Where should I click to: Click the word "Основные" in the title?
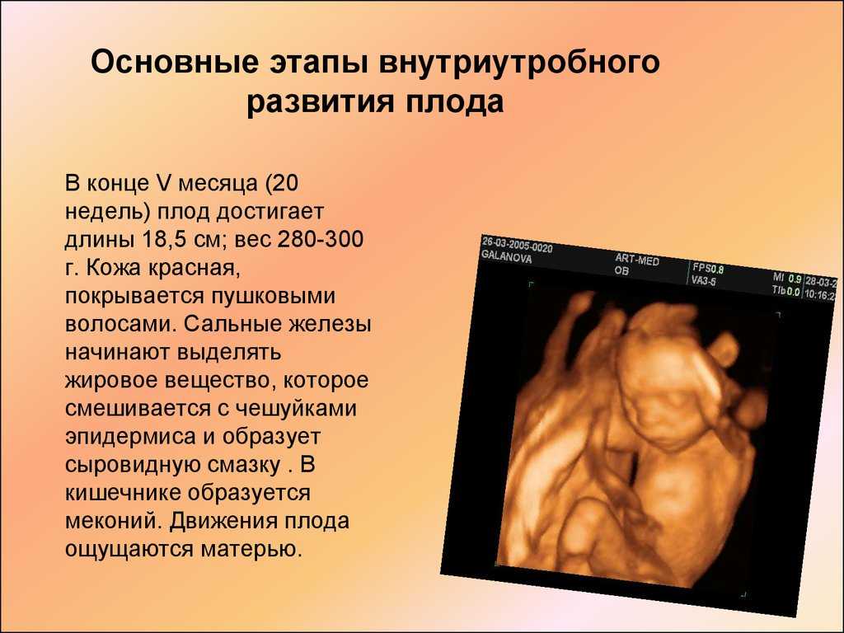click(175, 62)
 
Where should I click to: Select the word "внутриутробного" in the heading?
click(519, 63)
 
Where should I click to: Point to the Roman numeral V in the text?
click(163, 183)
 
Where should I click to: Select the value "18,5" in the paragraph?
click(166, 240)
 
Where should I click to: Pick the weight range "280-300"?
click(321, 239)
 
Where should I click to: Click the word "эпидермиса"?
click(130, 437)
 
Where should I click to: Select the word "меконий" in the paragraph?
click(113, 521)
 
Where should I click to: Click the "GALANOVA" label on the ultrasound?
click(506, 256)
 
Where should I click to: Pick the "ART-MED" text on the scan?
click(637, 260)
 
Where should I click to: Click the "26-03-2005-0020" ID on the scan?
click(517, 244)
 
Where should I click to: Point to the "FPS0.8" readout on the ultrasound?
click(708, 268)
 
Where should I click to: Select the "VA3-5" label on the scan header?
click(704, 280)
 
